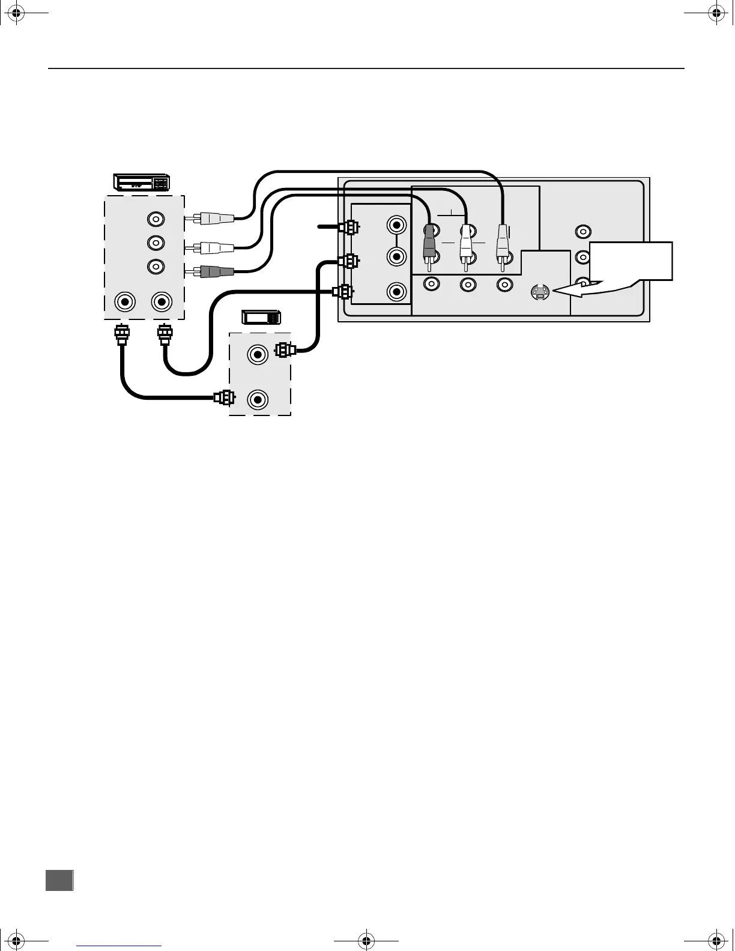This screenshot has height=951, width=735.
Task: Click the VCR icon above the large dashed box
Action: (x=142, y=182)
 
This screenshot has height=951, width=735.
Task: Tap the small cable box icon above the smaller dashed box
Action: (x=261, y=318)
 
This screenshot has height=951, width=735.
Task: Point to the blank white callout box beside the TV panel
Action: (x=631, y=259)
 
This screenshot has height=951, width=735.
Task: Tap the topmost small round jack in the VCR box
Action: (x=156, y=219)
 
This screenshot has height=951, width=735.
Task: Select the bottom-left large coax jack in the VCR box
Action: (x=125, y=301)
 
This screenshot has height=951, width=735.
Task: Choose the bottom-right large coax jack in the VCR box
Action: (x=160, y=301)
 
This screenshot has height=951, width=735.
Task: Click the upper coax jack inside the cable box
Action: (x=258, y=354)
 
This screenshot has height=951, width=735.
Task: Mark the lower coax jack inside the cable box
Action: (x=258, y=399)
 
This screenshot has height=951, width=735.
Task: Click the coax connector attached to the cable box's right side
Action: (x=283, y=349)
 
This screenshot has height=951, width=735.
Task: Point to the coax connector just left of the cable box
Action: (x=224, y=397)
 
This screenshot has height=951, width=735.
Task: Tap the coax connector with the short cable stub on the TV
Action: (x=348, y=227)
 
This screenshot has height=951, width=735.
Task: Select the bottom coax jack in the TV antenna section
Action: (x=396, y=292)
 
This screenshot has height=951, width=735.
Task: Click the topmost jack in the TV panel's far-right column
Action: (x=582, y=231)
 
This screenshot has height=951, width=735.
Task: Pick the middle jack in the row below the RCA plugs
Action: (x=467, y=285)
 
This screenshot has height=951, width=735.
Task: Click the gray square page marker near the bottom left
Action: (x=59, y=880)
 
